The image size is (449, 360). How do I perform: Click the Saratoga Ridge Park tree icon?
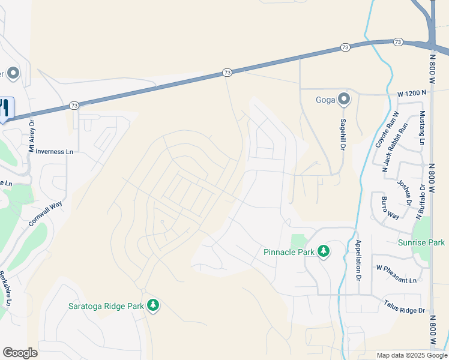coord(154,305)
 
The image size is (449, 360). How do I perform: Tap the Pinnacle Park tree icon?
coord(324,251)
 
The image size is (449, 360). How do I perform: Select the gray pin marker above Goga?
coord(343,99)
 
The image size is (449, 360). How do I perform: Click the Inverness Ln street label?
coord(54,152)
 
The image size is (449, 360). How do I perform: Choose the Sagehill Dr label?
coord(344,141)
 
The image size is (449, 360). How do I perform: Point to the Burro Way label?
coord(390,206)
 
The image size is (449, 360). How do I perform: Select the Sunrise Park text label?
coord(421,242)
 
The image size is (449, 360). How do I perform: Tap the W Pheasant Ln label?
coord(396,280)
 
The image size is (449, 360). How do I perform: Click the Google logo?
coord(20,353)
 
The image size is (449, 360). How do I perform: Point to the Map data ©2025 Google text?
coord(411,355)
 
